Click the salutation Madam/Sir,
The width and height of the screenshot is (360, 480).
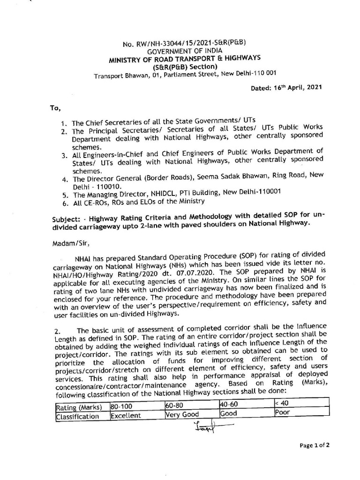pos(68,243)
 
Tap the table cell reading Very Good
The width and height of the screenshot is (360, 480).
pos(182,414)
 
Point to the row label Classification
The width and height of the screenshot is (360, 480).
pos(77,416)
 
